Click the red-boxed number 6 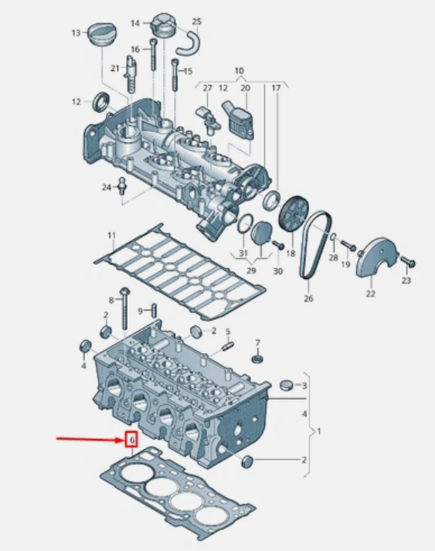(132, 440)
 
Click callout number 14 (135, 23)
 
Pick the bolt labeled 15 (175, 74)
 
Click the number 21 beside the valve (115, 68)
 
